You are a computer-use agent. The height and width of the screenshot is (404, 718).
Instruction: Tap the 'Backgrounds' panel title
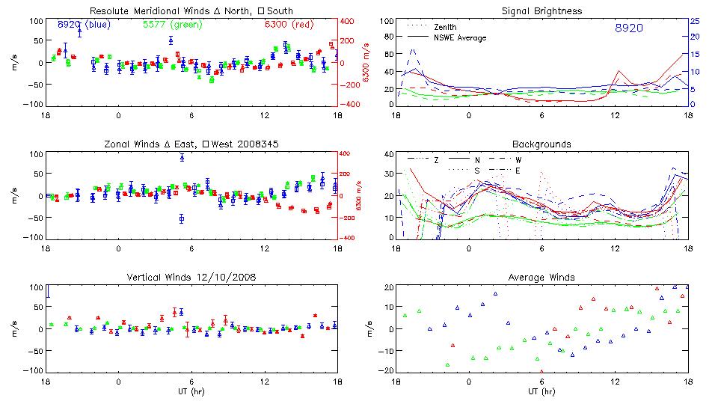click(x=541, y=144)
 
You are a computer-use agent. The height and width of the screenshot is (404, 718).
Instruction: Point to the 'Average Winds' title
click(x=541, y=278)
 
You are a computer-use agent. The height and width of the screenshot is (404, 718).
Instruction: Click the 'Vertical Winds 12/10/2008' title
click(x=191, y=278)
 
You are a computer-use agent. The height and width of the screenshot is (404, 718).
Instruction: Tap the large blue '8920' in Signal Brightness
click(x=628, y=28)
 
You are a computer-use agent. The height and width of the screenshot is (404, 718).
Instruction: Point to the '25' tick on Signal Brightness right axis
click(x=694, y=21)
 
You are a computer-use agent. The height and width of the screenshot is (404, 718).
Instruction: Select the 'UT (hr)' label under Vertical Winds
click(x=191, y=392)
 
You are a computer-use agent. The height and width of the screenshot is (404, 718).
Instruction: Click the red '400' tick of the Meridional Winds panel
click(x=348, y=21)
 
